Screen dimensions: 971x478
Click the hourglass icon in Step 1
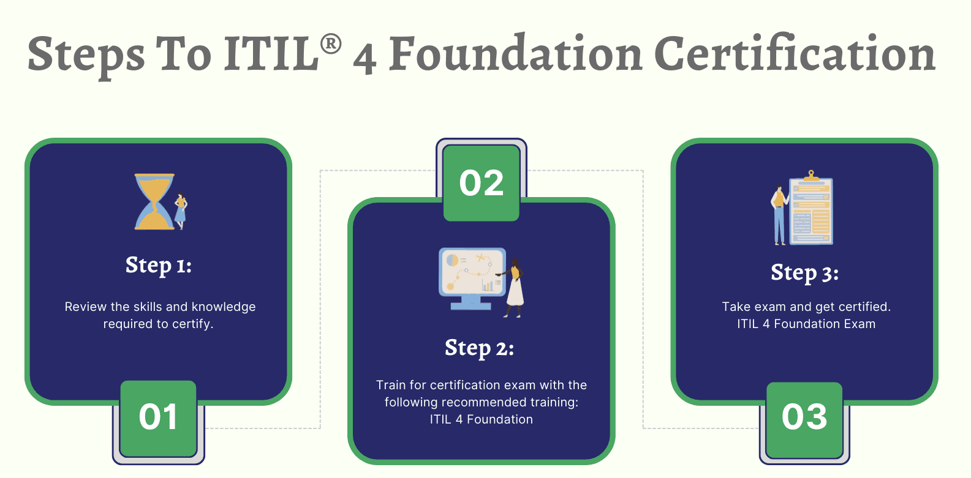click(154, 201)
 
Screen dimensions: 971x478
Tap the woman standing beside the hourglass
click(181, 211)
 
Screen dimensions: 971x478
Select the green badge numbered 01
click(158, 418)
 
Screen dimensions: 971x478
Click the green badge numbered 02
click(482, 183)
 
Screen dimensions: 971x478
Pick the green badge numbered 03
click(804, 419)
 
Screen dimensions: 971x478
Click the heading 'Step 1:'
click(159, 266)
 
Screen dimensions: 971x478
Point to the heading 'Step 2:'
click(480, 348)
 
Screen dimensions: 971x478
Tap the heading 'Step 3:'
click(804, 273)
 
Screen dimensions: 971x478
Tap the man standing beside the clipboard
click(780, 215)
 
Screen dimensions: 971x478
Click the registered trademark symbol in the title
click(331, 45)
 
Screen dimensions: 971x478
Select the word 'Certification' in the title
click(795, 54)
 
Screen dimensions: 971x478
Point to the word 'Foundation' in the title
click(515, 54)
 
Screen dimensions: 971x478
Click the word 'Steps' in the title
click(86, 57)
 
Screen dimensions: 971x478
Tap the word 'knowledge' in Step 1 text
click(224, 307)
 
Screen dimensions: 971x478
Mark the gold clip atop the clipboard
click(811, 176)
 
